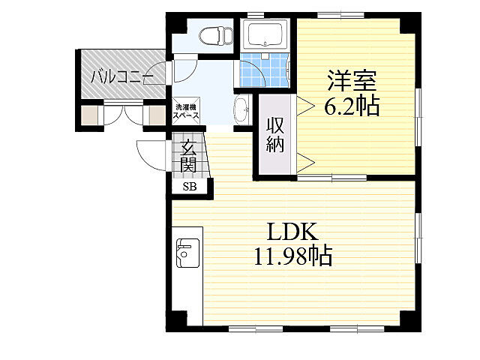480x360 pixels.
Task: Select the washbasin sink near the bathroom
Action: [242, 111]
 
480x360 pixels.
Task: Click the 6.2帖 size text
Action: [350, 106]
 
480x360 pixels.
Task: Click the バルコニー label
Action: [121, 76]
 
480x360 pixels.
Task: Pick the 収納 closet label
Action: [274, 135]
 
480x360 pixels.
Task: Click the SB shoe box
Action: [187, 187]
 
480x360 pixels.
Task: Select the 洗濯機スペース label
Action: [186, 111]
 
